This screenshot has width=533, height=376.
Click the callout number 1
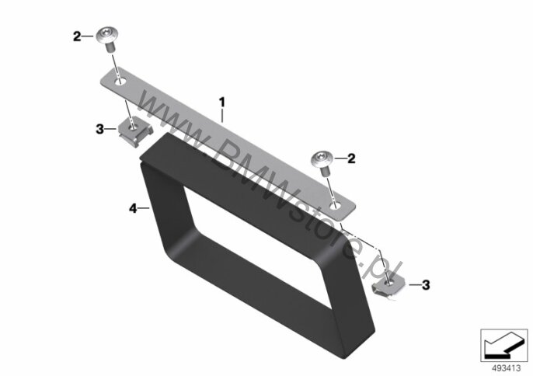coord(222,102)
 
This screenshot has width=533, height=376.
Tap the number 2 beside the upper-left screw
coord(78,37)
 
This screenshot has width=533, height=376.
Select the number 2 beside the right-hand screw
coord(351,158)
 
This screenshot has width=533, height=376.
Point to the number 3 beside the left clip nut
coord(99,129)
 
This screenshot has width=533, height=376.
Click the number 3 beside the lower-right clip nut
coord(426,285)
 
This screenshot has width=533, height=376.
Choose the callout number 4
coord(133,208)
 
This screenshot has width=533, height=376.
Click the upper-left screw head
coord(108,36)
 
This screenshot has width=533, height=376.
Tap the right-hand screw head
coord(322,159)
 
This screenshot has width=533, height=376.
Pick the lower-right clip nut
coord(389,285)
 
